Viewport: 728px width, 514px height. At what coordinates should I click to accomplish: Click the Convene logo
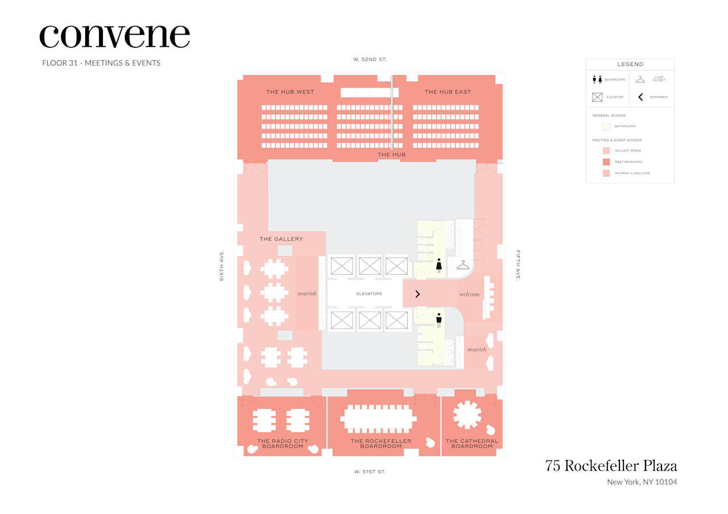114,36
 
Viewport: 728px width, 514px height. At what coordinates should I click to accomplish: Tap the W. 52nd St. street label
370,59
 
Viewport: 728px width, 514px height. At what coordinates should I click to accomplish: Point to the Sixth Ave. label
222,265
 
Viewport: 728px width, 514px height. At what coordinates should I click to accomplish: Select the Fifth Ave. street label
518,265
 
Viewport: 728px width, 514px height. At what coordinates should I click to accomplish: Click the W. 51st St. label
370,471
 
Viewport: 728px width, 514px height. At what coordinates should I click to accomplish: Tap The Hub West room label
290,92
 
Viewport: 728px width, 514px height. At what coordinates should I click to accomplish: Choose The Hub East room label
448,92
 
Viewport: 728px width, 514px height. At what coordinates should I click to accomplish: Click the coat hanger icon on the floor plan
463,265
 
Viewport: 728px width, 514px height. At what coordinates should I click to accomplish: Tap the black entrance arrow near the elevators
417,294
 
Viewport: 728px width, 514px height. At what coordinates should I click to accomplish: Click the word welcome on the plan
470,294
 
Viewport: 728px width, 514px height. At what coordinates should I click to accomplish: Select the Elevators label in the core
369,294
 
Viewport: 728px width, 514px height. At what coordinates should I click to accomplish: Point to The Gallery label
281,239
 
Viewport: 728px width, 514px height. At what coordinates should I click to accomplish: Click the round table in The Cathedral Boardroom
468,414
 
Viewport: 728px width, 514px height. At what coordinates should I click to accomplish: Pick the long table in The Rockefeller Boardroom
378,420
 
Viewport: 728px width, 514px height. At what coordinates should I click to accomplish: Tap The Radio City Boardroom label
283,443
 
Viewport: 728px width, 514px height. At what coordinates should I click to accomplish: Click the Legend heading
630,64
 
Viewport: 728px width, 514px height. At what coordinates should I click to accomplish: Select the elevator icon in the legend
597,97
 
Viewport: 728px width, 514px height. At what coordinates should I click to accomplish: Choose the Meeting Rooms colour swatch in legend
606,161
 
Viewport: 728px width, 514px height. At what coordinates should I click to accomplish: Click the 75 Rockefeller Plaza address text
611,466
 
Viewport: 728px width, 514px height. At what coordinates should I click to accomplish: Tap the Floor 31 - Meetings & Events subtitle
101,63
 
